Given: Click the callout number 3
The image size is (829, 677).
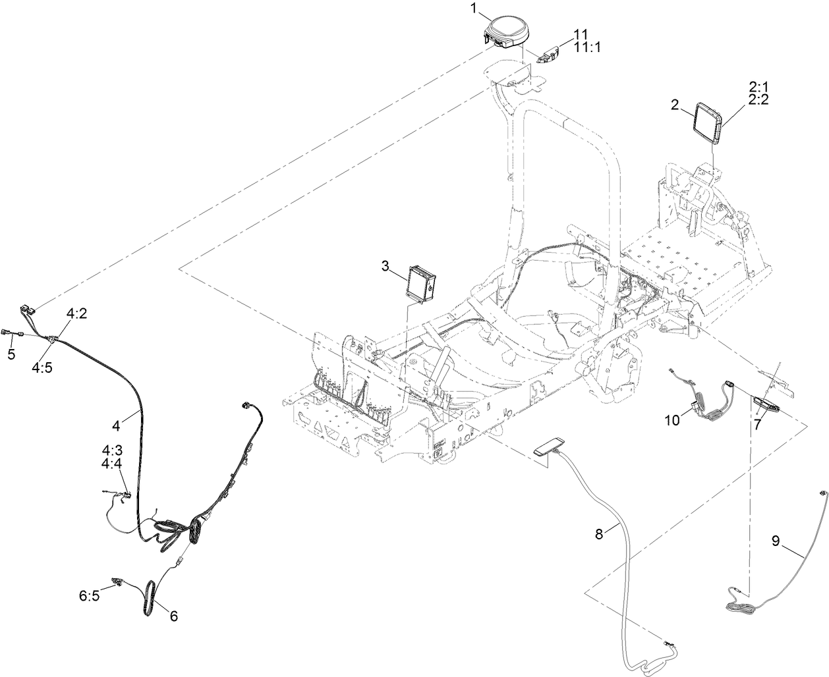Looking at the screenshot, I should [386, 266].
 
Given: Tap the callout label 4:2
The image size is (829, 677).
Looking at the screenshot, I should [76, 314].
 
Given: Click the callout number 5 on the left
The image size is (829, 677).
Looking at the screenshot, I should [11, 355].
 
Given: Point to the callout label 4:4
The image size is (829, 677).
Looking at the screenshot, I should [111, 464].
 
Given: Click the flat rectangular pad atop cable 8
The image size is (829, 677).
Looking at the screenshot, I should [550, 445].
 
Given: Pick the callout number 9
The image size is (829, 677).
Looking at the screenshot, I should [776, 541].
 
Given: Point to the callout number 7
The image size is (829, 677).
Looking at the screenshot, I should [758, 425].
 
